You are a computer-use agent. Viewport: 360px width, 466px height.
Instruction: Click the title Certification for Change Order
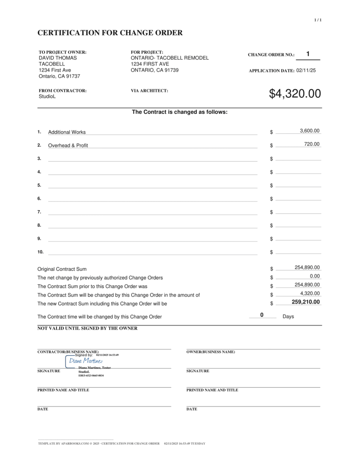coord(110,33)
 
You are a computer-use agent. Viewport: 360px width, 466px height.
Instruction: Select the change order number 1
coord(308,54)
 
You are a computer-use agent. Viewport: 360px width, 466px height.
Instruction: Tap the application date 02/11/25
coord(306,71)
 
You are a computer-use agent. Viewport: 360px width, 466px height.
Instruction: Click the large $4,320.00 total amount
coord(295,94)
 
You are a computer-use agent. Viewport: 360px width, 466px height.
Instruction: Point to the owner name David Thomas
coord(58,58)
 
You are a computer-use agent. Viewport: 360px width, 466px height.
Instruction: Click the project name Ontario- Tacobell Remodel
coord(170,58)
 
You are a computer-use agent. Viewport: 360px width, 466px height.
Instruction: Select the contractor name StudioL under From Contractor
coord(47,96)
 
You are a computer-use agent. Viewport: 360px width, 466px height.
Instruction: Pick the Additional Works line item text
coord(67,132)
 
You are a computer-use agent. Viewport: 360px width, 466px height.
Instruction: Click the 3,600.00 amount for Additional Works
coord(309,131)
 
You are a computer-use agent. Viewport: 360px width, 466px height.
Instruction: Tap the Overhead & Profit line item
coord(68,146)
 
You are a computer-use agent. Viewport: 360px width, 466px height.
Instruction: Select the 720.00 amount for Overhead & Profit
coord(312,144)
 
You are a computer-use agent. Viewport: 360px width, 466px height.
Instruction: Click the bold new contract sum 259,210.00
coord(306,302)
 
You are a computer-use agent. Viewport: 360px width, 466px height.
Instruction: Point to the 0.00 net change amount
coord(314,276)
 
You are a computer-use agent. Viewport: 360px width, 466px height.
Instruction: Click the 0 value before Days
coord(262,315)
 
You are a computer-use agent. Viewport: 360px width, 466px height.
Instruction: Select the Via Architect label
coord(149,91)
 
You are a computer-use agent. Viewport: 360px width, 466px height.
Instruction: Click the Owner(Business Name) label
coord(211,352)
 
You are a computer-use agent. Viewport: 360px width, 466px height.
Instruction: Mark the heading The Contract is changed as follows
coord(179,112)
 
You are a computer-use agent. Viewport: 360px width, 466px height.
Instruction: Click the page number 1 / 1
coord(318,20)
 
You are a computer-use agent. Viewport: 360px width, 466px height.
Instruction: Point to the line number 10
coord(41,252)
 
